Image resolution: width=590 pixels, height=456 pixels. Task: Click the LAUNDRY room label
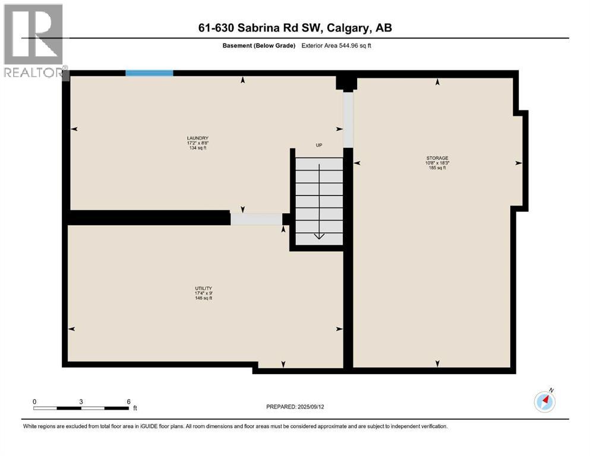tap(197, 138)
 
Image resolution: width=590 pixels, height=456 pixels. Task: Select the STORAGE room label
tap(436, 158)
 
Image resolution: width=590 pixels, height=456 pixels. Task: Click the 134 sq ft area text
tap(197, 148)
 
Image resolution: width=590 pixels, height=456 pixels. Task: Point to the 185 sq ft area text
tap(436, 168)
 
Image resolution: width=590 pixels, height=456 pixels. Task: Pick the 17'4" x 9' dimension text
tap(204, 293)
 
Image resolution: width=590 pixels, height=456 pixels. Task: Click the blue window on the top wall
tap(149, 73)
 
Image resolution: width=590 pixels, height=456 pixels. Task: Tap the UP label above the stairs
tap(318, 145)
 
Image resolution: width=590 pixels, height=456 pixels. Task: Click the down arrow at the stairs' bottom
tap(319, 236)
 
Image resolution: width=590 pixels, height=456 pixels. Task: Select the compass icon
tap(544, 401)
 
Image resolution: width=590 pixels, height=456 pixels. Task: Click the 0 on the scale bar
tap(34, 401)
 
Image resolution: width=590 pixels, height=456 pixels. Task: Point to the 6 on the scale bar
tap(128, 401)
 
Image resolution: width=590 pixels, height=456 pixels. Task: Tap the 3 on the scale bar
tap(81, 401)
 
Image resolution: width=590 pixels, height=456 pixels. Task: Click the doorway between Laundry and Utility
tap(256, 219)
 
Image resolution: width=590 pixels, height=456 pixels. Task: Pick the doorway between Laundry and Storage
tap(348, 119)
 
